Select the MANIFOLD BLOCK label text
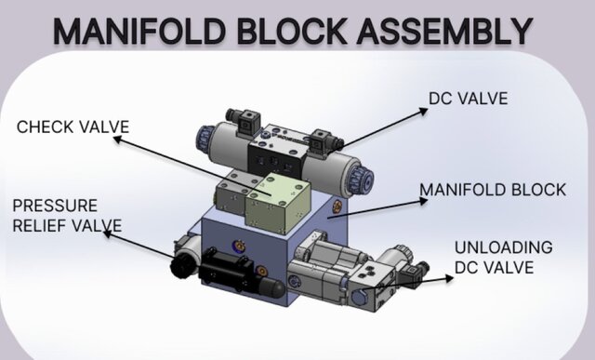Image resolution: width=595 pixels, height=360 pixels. (x=492, y=190)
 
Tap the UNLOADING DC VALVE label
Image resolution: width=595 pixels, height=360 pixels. (x=503, y=258)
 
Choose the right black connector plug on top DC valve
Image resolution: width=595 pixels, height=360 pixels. (x=320, y=140)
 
